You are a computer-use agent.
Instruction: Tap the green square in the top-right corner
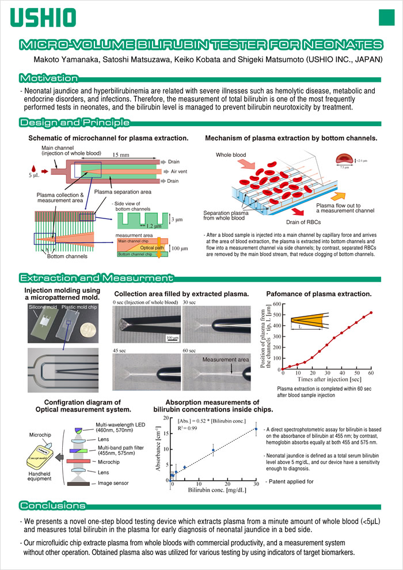[x=386, y=17]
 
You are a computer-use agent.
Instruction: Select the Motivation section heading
[x=48, y=78]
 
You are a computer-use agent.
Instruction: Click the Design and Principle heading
[x=74, y=122]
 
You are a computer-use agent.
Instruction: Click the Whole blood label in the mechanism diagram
[x=231, y=155]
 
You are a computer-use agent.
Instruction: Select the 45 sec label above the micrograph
[x=120, y=350]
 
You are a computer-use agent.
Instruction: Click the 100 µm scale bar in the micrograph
[x=170, y=337]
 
